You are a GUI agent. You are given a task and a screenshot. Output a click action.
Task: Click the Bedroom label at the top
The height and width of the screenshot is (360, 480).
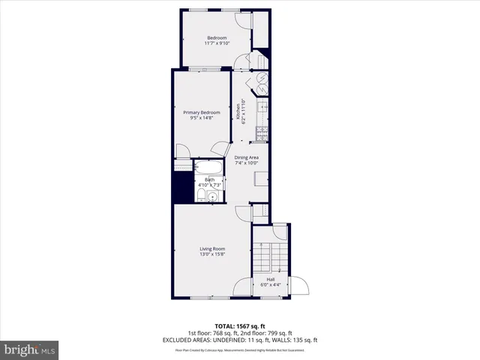click(x=216, y=37)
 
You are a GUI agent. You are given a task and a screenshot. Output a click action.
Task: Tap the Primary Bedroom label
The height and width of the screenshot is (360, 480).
click(x=202, y=112)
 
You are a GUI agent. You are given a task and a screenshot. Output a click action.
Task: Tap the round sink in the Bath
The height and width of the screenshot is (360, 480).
click(x=212, y=197)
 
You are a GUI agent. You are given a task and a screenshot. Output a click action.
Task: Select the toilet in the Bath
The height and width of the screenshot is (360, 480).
click(x=200, y=196)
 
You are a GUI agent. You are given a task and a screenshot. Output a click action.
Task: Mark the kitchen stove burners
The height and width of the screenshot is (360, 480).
click(x=262, y=133)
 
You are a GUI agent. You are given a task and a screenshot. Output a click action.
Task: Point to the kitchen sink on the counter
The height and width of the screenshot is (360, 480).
click(x=262, y=110)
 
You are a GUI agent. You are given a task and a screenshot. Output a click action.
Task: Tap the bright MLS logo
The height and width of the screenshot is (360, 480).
click(x=29, y=350)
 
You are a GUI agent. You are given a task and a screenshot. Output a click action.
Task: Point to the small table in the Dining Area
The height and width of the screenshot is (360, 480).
click(x=261, y=178)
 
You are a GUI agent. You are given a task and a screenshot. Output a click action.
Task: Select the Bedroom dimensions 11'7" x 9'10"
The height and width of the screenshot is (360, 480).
click(x=216, y=43)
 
